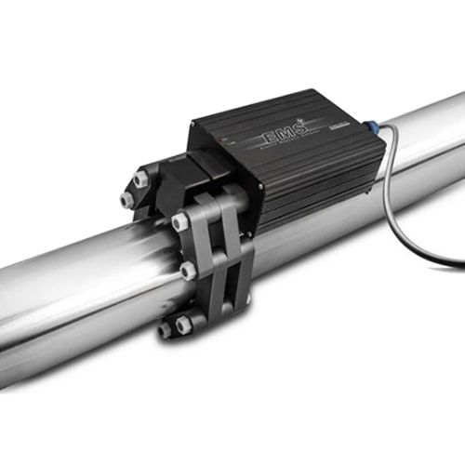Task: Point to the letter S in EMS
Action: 297,132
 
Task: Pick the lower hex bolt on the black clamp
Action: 126,199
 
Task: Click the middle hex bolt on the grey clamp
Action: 189,270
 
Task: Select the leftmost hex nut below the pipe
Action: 166,329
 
